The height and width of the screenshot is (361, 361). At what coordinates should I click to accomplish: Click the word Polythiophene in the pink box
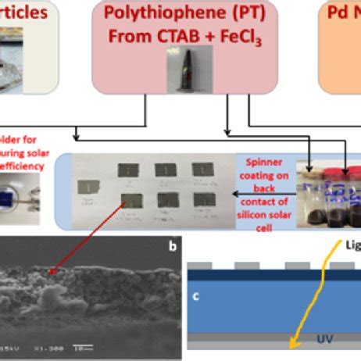[155, 14]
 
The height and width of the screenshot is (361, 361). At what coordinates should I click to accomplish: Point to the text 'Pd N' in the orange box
[345, 14]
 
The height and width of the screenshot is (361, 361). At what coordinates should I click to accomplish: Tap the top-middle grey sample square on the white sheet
[165, 170]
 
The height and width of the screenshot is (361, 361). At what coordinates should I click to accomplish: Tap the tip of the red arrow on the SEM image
[52, 273]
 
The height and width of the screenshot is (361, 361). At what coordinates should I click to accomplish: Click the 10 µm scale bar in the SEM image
[78, 348]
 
